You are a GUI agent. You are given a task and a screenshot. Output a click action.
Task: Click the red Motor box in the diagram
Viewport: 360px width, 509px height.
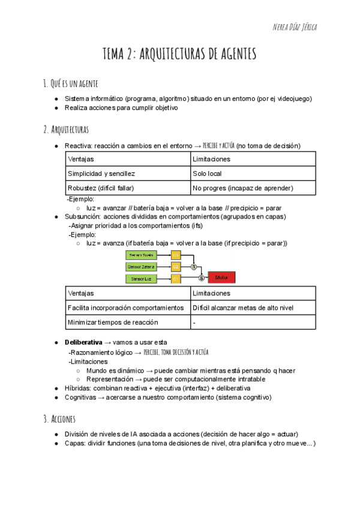[x=221, y=278]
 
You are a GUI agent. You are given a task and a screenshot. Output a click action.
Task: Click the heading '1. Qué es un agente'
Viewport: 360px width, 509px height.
[x=71, y=83]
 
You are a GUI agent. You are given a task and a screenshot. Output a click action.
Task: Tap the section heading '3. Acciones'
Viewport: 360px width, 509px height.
[x=59, y=418]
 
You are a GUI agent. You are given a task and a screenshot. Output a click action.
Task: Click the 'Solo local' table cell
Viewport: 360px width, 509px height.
[x=207, y=173]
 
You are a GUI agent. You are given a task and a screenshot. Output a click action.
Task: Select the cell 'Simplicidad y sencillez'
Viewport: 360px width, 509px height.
[x=101, y=173]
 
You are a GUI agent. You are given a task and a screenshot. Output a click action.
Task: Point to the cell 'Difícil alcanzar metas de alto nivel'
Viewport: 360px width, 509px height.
[x=243, y=307]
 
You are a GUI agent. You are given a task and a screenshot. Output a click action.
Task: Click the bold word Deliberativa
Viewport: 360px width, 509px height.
[x=83, y=342]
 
